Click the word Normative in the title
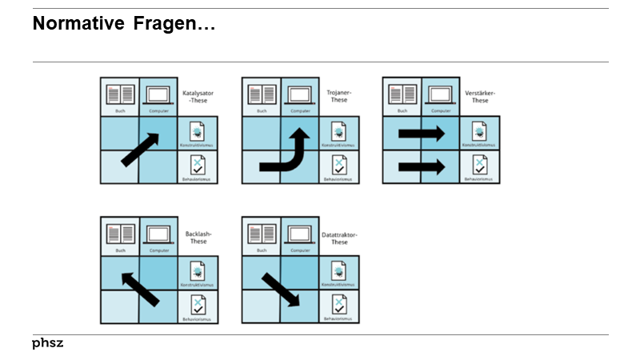[x=78, y=25]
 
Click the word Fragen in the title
[x=173, y=25]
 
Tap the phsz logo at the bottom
[x=48, y=343]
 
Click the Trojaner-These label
[x=340, y=97]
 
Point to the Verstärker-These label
[x=480, y=97]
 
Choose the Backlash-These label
[x=198, y=238]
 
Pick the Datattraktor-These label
[x=340, y=238]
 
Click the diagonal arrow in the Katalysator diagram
[x=140, y=150]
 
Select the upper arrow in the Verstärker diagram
[x=422, y=133]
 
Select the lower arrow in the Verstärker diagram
[x=422, y=168]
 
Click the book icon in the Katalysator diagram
[x=120, y=94]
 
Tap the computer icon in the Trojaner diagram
[x=300, y=95]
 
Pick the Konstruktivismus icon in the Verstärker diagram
[x=480, y=131]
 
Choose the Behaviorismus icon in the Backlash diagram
[x=198, y=305]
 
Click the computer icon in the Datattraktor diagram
[x=300, y=234]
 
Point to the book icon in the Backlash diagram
[x=120, y=234]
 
